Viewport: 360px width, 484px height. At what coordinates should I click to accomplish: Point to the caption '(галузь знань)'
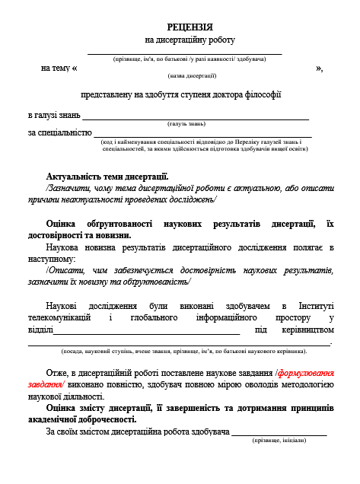[186, 123]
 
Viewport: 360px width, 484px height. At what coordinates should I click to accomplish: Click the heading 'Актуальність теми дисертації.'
[107, 177]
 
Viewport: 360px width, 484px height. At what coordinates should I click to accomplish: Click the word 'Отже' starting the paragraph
[57, 373]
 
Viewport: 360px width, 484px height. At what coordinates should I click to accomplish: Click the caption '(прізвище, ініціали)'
[279, 441]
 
